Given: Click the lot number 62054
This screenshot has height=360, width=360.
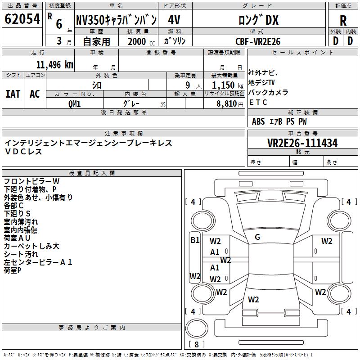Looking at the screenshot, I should [22, 19].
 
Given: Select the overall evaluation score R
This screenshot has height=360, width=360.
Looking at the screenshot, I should [343, 20].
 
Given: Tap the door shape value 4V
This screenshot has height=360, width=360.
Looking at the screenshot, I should [174, 20].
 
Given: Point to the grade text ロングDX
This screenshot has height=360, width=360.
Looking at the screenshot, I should [258, 20].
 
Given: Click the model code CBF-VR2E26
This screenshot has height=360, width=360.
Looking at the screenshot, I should [258, 41].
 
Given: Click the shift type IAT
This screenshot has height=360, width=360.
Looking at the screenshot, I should [13, 94].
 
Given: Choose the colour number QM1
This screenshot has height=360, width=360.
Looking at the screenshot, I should [74, 103].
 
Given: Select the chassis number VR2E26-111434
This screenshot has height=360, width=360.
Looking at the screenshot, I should [302, 143].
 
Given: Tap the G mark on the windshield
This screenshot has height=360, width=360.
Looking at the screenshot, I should [257, 237].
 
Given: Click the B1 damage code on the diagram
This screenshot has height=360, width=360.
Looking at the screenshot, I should [194, 240].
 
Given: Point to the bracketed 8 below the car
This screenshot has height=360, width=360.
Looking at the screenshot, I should [197, 344].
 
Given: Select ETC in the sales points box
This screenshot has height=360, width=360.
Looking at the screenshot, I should [258, 102].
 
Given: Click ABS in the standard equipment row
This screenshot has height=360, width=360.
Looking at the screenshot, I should [258, 121].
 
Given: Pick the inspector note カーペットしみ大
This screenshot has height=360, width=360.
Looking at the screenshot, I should [31, 246].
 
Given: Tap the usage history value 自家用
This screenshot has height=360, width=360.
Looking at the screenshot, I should [96, 41].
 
